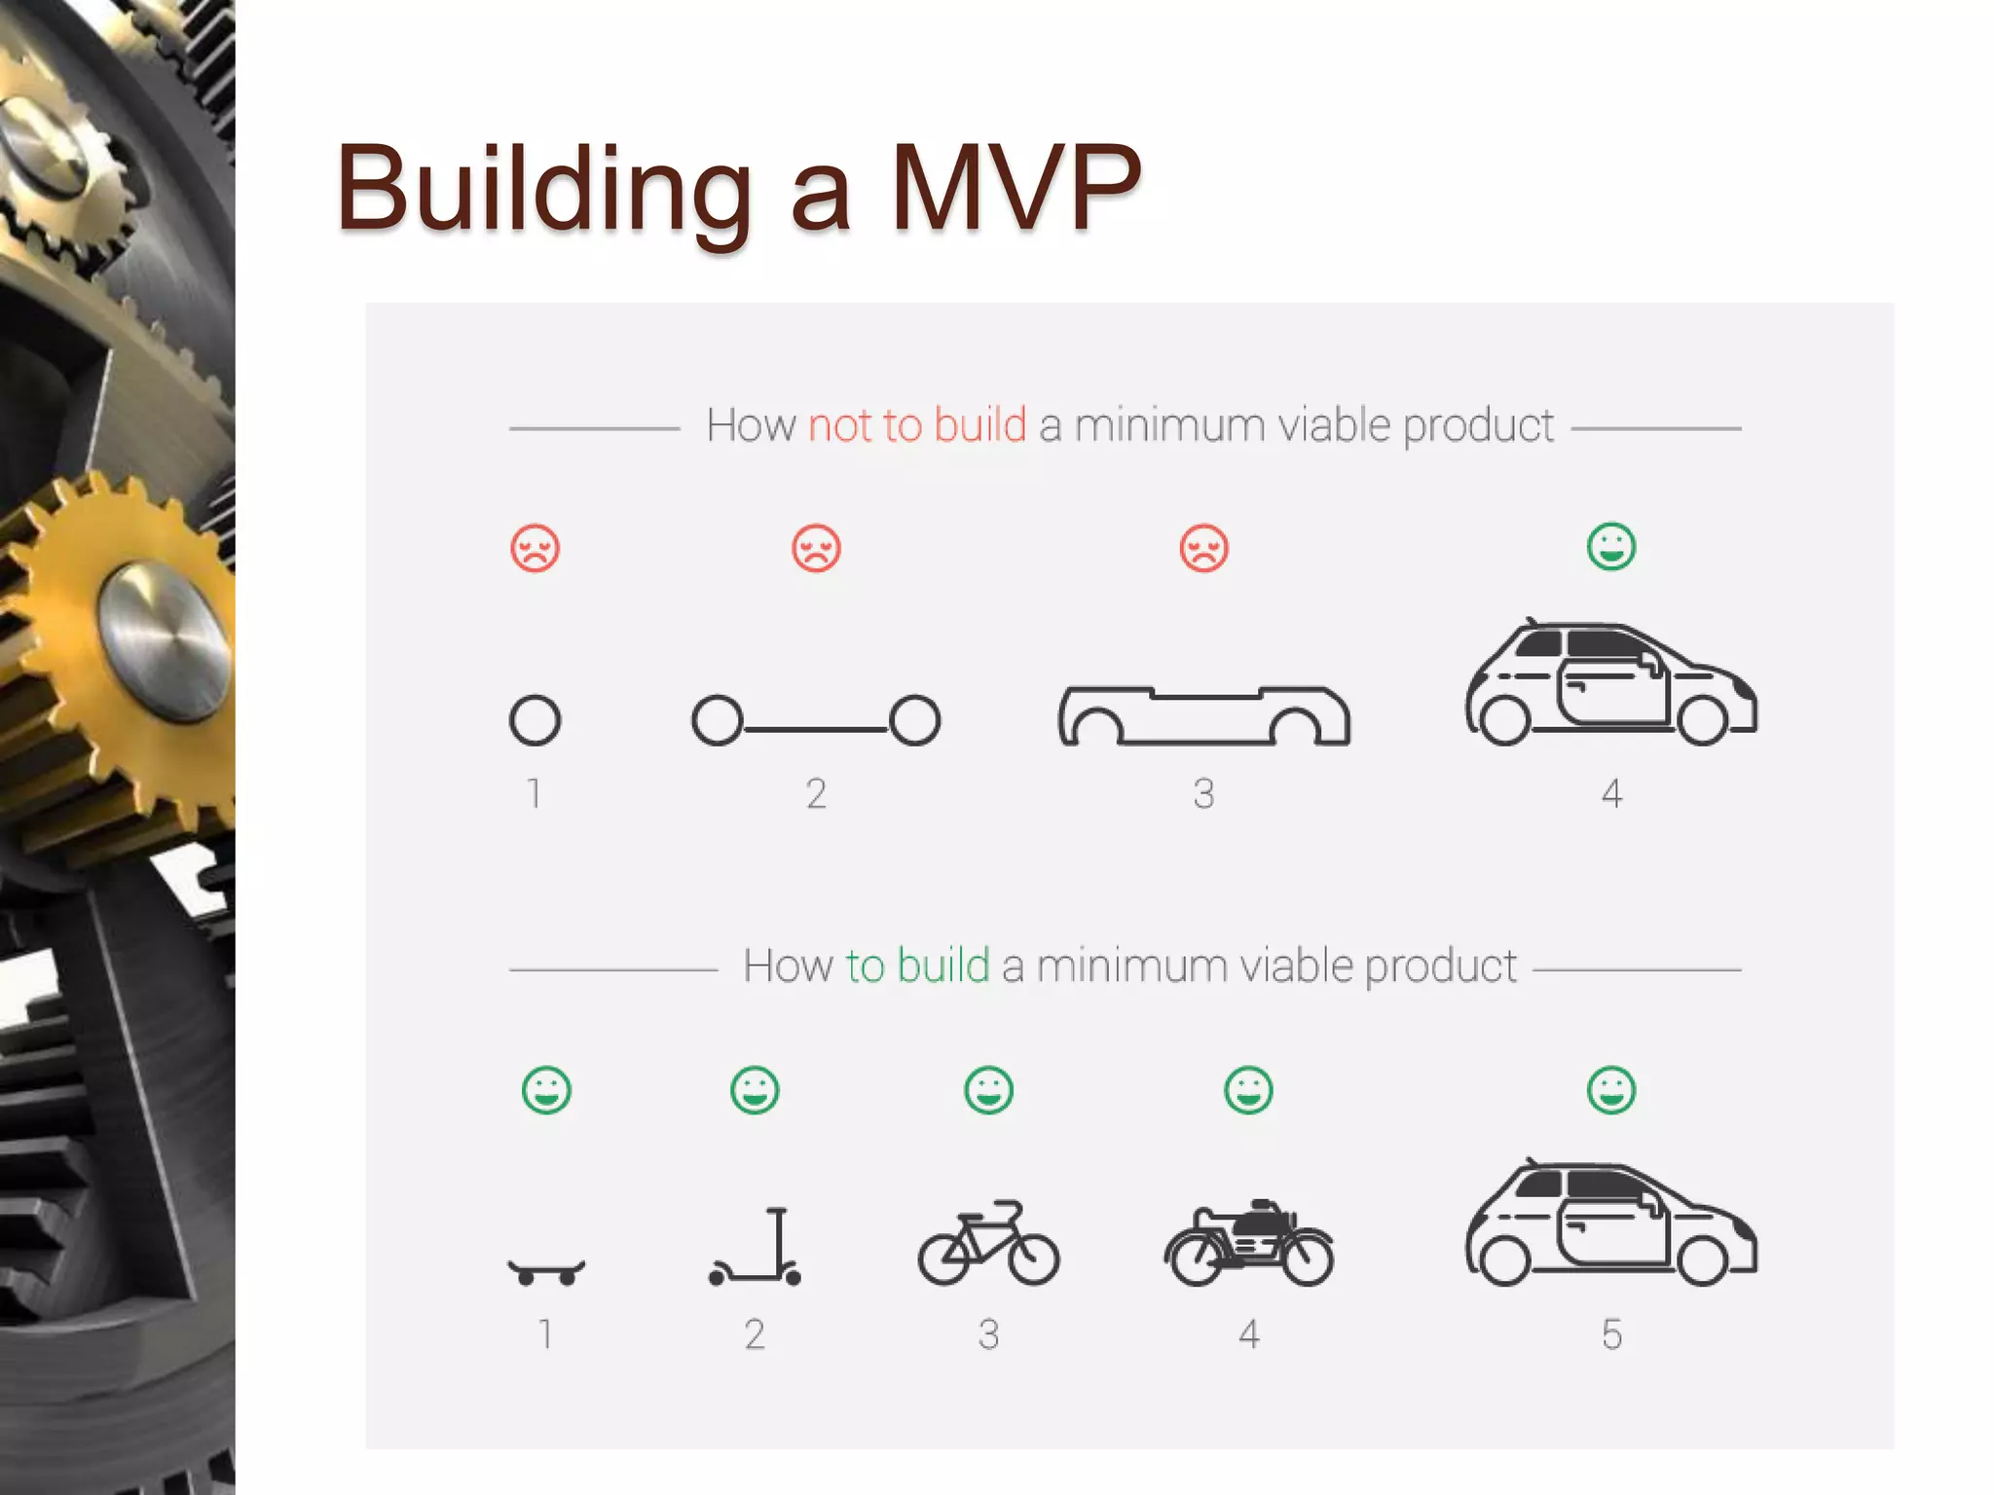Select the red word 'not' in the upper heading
[x=841, y=425]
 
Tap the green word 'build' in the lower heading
[x=942, y=966]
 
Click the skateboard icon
[x=546, y=1271]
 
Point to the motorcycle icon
[x=1248, y=1244]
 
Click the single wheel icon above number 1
[x=535, y=720]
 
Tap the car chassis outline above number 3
[x=1203, y=715]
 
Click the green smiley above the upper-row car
[x=1611, y=547]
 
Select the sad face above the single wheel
[x=535, y=548]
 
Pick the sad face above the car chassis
[x=1203, y=548]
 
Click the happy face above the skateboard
[x=546, y=1090]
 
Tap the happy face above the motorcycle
[x=1248, y=1090]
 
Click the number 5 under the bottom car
[x=1611, y=1334]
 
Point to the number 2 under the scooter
[x=755, y=1334]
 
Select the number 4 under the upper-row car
[x=1611, y=793]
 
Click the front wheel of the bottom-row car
[x=1702, y=1261]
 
